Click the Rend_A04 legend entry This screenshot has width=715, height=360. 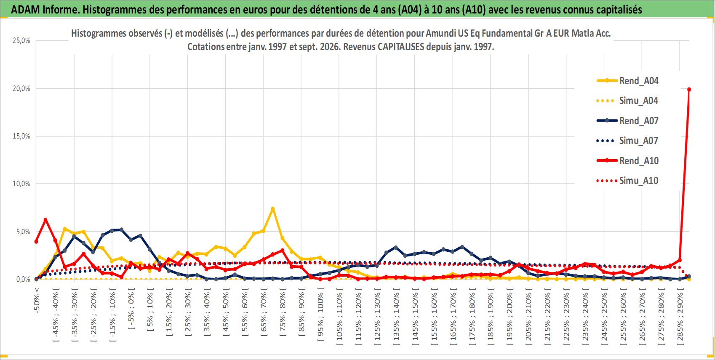coord(627,81)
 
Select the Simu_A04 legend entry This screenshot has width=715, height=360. coord(627,101)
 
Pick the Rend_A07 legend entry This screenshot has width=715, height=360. coord(627,121)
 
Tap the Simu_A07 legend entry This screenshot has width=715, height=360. coord(627,141)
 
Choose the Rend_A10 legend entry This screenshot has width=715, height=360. coord(627,160)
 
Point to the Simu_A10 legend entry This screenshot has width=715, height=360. coord(627,181)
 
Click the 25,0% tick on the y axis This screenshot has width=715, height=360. coord(21,40)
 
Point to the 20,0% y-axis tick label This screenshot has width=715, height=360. coord(21,88)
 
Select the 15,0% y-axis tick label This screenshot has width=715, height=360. coord(21,136)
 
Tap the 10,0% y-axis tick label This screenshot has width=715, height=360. coord(21,184)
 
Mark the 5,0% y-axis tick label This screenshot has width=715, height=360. coord(23,232)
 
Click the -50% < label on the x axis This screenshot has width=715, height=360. coord(36,300)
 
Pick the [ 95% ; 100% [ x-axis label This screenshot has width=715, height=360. coord(320,314)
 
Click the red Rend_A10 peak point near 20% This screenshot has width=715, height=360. coord(689,89)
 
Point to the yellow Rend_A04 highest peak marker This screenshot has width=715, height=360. coord(272,209)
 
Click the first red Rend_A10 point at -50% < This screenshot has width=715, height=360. coord(36,241)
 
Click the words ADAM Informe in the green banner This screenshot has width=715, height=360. coord(45,10)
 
